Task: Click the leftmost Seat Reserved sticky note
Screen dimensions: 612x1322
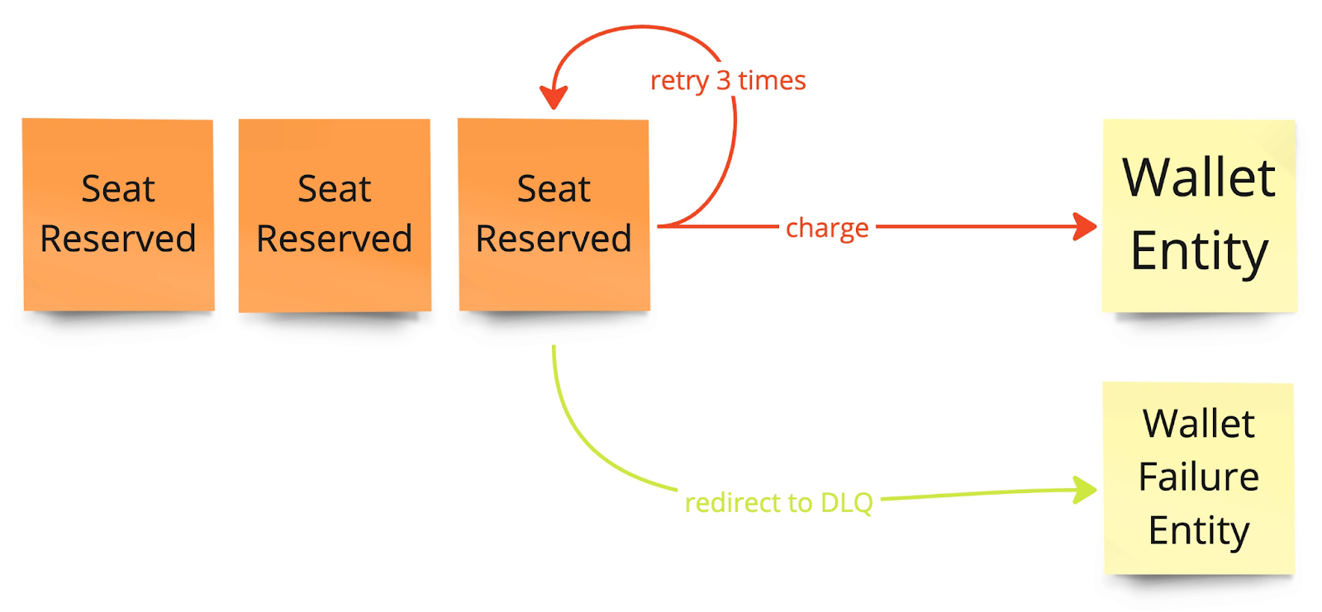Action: [x=118, y=215]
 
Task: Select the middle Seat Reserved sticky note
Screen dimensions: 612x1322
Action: [x=335, y=215]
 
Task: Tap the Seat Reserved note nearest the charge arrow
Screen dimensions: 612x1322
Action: [x=554, y=215]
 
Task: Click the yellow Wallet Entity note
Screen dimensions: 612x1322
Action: [x=1199, y=215]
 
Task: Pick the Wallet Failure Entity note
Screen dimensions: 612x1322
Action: [x=1199, y=477]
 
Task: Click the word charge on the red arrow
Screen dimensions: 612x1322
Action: [x=827, y=227]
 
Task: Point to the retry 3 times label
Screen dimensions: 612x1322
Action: [x=728, y=81]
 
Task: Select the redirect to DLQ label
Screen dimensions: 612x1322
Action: [x=778, y=502]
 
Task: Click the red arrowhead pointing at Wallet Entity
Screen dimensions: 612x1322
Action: [x=1086, y=225]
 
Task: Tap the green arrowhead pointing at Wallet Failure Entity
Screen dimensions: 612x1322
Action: [x=1086, y=490]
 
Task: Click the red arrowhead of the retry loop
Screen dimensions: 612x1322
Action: [x=553, y=97]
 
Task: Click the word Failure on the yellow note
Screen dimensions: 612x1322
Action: [x=1199, y=477]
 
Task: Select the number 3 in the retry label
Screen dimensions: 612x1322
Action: [x=724, y=81]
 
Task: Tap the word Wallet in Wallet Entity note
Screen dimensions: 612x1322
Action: [x=1199, y=178]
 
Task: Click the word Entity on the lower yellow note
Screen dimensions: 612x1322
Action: [x=1199, y=530]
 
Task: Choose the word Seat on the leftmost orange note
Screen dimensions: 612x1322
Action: [x=118, y=189]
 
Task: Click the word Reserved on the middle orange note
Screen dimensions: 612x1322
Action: [x=335, y=240]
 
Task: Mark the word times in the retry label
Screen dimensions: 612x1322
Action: [x=772, y=81]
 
